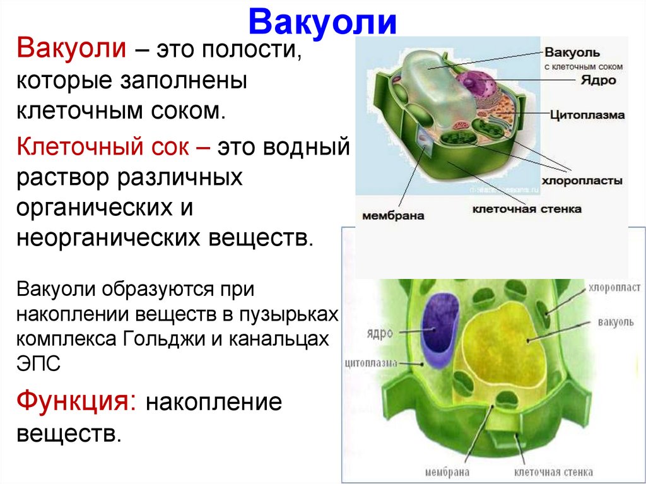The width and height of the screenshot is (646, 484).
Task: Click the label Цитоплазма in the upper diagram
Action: (587, 115)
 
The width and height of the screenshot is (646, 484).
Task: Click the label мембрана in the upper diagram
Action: (392, 215)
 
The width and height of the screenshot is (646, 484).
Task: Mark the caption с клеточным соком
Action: (584, 66)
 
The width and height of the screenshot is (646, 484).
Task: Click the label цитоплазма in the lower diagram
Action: (371, 363)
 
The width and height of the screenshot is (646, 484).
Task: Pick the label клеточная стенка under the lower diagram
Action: (553, 472)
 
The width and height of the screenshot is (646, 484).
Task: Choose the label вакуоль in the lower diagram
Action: (611, 322)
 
